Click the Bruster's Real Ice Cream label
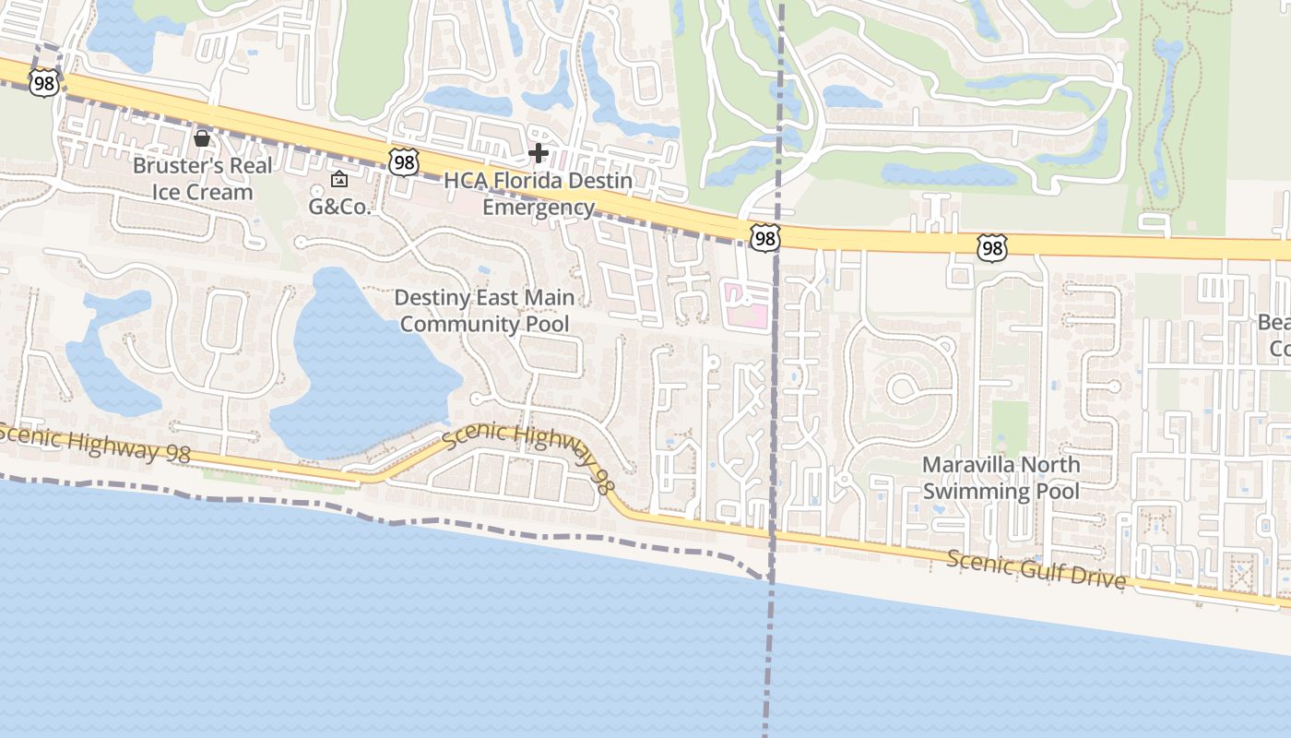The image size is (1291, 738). (x=203, y=179)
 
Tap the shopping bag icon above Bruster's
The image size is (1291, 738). (x=202, y=139)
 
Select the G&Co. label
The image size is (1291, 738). (x=339, y=206)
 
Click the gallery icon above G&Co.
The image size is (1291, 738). (x=339, y=179)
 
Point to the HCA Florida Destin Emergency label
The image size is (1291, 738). (x=539, y=193)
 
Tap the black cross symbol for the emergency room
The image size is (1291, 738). (x=539, y=153)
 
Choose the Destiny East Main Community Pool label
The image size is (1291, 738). (x=484, y=311)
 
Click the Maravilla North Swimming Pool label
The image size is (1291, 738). (x=1001, y=477)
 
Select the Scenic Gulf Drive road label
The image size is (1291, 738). (x=1036, y=569)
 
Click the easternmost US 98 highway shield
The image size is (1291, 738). (x=991, y=247)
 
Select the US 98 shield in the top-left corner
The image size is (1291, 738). (x=43, y=82)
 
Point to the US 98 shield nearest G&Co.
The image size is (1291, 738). (x=403, y=162)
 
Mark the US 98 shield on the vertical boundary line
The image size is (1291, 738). (x=764, y=238)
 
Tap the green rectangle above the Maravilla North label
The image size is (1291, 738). (x=1011, y=426)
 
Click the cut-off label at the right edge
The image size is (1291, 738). (x=1274, y=335)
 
